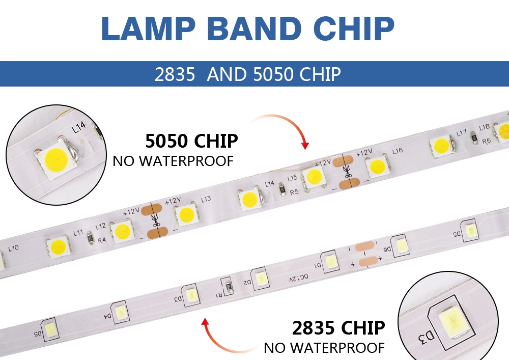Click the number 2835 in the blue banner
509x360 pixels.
[x=175, y=74]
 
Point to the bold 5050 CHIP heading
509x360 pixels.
[x=191, y=141]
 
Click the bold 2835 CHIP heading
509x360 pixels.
[x=338, y=328]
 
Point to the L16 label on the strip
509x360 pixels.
[x=398, y=151]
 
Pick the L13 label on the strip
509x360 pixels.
[x=206, y=199]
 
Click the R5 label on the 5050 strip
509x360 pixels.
[x=294, y=192]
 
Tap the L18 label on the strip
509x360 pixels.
[x=484, y=127]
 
